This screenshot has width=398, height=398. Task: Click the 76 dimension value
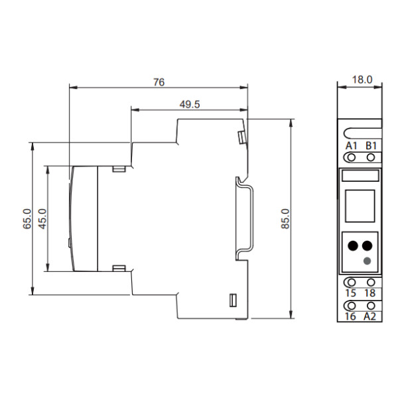tap(159, 82)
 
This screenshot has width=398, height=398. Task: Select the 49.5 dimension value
tap(190, 103)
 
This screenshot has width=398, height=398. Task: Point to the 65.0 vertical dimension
tap(27, 219)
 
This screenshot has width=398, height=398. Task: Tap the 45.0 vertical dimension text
tap(42, 219)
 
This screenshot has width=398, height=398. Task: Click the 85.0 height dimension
tap(285, 219)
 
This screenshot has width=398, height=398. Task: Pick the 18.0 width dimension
tap(362, 80)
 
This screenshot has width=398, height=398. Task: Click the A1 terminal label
tap(352, 146)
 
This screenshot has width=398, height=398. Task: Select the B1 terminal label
tap(371, 146)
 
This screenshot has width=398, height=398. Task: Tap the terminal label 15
tap(352, 293)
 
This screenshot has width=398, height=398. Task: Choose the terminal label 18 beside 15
tap(371, 293)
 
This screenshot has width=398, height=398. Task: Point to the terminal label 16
tap(352, 316)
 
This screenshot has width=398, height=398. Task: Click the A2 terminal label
tap(371, 316)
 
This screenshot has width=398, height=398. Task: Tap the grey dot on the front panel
tap(367, 261)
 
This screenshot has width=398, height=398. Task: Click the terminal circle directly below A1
tap(352, 157)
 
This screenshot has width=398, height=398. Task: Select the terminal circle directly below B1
tap(371, 157)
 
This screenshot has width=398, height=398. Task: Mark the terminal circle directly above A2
tap(371, 305)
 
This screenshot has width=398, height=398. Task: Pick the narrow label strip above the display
tap(360, 176)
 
